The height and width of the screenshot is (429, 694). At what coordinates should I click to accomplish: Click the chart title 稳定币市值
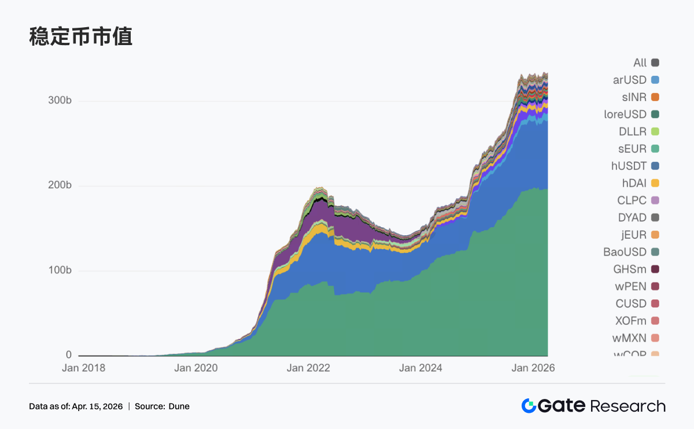(x=81, y=36)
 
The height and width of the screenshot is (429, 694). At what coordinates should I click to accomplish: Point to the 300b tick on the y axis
(x=60, y=101)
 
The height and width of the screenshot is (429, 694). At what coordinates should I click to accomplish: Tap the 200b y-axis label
(x=60, y=186)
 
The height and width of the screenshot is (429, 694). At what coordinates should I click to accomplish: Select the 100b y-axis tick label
(x=60, y=271)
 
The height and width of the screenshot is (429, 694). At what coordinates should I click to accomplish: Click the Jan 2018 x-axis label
(x=84, y=368)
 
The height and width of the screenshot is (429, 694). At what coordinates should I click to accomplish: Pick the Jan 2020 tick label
(x=197, y=368)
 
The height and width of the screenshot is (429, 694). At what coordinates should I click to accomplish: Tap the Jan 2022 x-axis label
(x=309, y=368)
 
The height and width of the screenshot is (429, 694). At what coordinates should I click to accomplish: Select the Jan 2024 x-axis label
(x=420, y=368)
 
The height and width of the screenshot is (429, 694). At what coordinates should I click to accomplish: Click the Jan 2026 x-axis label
(x=533, y=368)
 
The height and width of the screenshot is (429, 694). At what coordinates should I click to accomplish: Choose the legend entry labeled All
(x=640, y=62)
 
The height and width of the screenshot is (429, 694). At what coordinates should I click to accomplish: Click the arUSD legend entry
(x=630, y=80)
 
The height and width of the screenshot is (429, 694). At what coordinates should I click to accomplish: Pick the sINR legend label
(x=634, y=97)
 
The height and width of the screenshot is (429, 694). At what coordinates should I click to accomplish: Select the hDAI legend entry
(x=634, y=183)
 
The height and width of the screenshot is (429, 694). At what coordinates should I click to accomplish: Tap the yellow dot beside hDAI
(x=655, y=183)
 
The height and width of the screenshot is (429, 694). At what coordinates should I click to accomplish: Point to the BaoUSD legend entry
(x=625, y=252)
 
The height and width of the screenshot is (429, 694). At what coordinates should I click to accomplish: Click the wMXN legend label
(x=629, y=338)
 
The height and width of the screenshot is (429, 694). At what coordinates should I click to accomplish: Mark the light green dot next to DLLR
(x=655, y=131)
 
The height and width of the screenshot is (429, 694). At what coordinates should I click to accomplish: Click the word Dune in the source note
(x=179, y=406)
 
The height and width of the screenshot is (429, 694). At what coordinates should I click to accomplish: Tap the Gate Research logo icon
(x=529, y=406)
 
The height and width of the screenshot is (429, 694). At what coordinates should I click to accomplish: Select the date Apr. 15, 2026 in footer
(x=97, y=406)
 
